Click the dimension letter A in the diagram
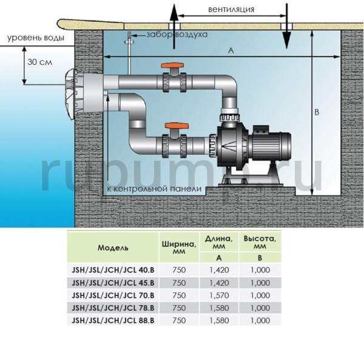point(231,52)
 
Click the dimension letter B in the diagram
point(317,112)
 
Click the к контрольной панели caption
point(152,189)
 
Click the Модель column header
point(113,249)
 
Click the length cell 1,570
point(217,295)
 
